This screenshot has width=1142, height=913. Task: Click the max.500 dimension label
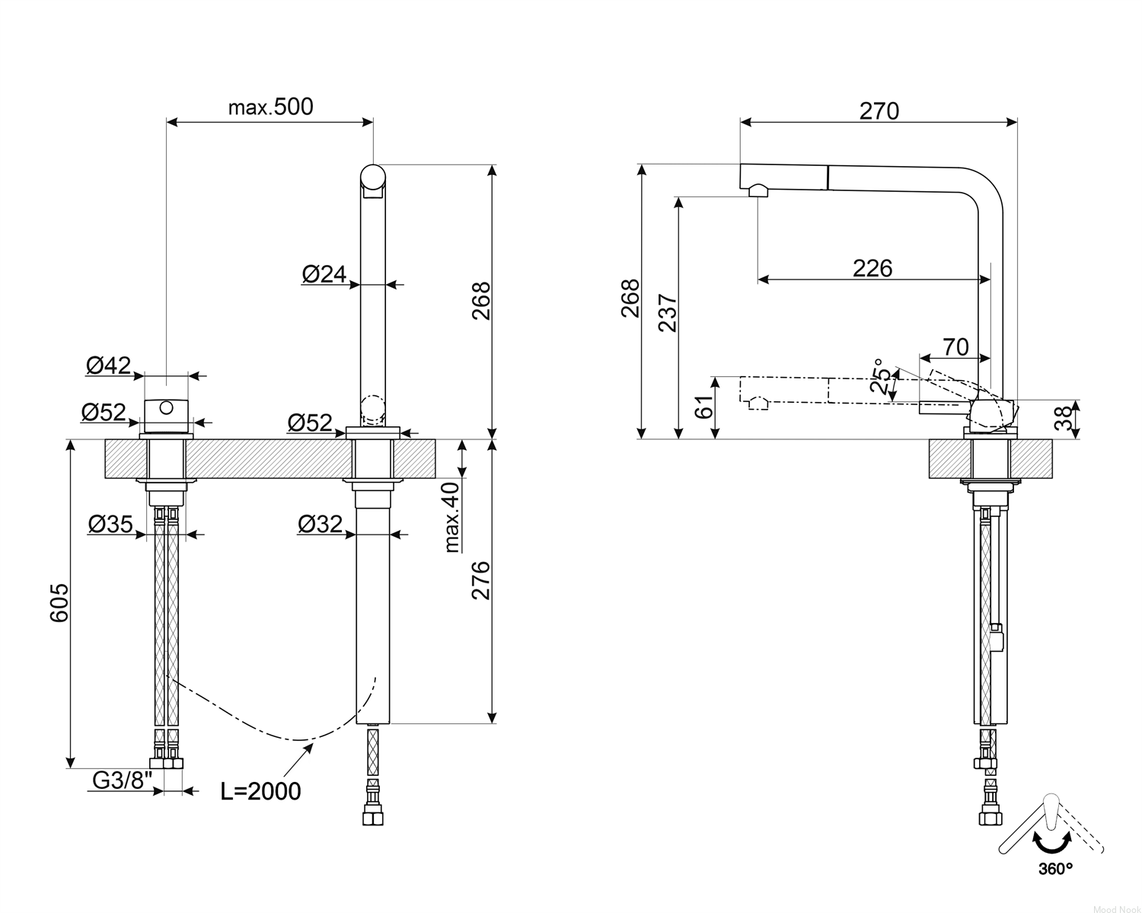click(270, 107)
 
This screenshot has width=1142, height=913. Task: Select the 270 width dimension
click(879, 111)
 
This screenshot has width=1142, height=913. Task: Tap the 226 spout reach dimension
click(872, 268)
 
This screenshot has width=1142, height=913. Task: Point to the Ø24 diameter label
click(324, 274)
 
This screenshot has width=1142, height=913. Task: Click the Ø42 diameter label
click(108, 366)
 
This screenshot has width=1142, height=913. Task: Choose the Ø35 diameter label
click(110, 524)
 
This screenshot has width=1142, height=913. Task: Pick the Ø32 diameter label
click(320, 524)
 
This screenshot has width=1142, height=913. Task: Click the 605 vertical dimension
click(59, 602)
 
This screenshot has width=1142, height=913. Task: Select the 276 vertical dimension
click(481, 580)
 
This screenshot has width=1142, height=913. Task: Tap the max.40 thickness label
click(451, 518)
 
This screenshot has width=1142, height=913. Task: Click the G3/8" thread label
click(123, 780)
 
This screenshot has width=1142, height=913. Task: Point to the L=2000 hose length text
click(260, 791)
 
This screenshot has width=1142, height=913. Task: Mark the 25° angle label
click(879, 376)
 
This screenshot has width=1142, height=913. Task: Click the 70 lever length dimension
click(955, 347)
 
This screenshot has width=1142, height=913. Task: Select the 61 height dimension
click(704, 407)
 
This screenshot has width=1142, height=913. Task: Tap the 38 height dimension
click(1064, 420)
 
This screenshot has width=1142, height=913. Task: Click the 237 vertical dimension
click(668, 313)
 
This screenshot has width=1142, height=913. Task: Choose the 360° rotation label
click(1055, 869)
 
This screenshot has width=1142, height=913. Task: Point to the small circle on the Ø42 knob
click(166, 407)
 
